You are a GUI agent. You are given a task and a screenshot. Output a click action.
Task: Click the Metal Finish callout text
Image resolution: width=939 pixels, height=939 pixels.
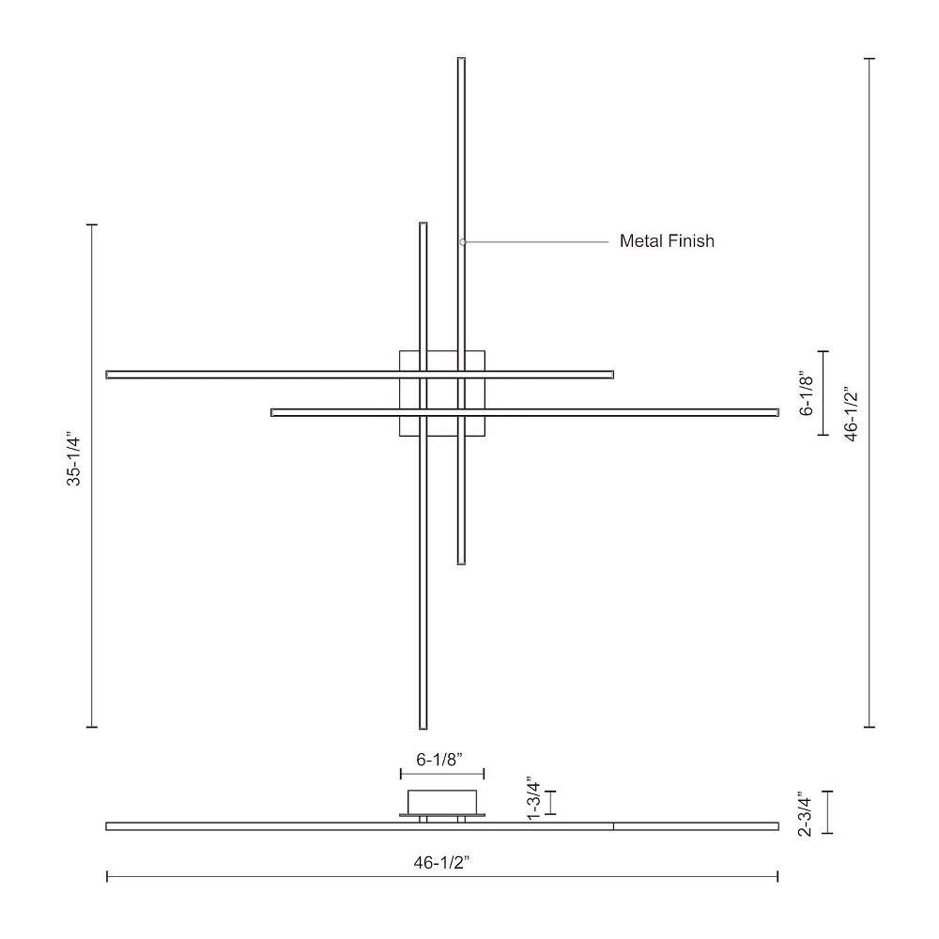667,240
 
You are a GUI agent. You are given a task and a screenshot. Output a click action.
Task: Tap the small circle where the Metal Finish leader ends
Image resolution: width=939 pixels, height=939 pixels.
463,242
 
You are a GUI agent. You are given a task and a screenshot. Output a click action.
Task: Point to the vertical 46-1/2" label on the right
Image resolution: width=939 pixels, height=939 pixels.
851,414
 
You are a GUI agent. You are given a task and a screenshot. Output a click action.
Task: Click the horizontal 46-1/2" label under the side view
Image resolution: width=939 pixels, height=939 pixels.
441,863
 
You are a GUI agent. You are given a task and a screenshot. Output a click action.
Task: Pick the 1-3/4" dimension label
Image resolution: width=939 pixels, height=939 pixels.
533,799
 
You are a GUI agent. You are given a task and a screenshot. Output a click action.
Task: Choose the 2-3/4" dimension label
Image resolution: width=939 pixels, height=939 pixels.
805,813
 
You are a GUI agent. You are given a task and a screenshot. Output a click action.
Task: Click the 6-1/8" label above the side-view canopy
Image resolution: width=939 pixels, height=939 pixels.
440,760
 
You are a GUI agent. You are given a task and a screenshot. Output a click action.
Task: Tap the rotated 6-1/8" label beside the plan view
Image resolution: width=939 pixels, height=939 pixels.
807,394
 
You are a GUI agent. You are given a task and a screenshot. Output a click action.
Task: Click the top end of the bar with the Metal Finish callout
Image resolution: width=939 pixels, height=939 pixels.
461,58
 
